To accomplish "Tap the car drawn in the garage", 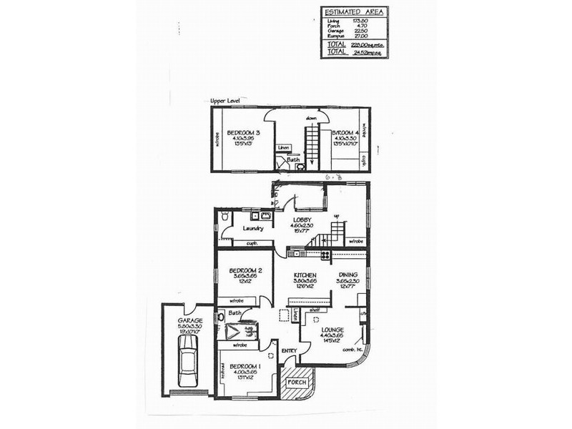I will (188, 360).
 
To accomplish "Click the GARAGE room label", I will (191, 321).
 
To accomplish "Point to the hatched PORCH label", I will (295, 382).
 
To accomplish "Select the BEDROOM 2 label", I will (244, 271).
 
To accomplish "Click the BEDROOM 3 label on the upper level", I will (243, 133).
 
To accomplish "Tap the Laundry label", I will (254, 229).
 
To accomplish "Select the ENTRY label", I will (289, 350).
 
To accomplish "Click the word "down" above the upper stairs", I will (311, 117).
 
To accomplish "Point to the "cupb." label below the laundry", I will (251, 243).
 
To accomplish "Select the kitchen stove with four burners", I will (325, 255).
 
